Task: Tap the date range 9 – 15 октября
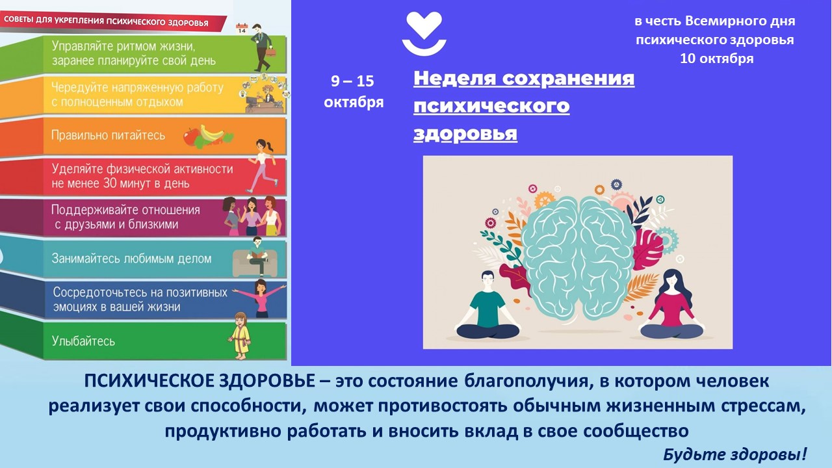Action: (353, 92)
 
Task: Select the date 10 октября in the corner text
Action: (716, 58)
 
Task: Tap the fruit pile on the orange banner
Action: (207, 136)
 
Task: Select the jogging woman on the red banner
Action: (263, 166)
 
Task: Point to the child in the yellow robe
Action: (240, 336)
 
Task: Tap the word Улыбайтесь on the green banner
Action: (83, 341)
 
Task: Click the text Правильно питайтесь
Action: (108, 135)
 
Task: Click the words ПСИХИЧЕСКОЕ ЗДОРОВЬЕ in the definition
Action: (200, 382)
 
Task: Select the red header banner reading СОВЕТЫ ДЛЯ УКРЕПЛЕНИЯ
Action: (111, 22)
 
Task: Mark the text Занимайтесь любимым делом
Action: (131, 259)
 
